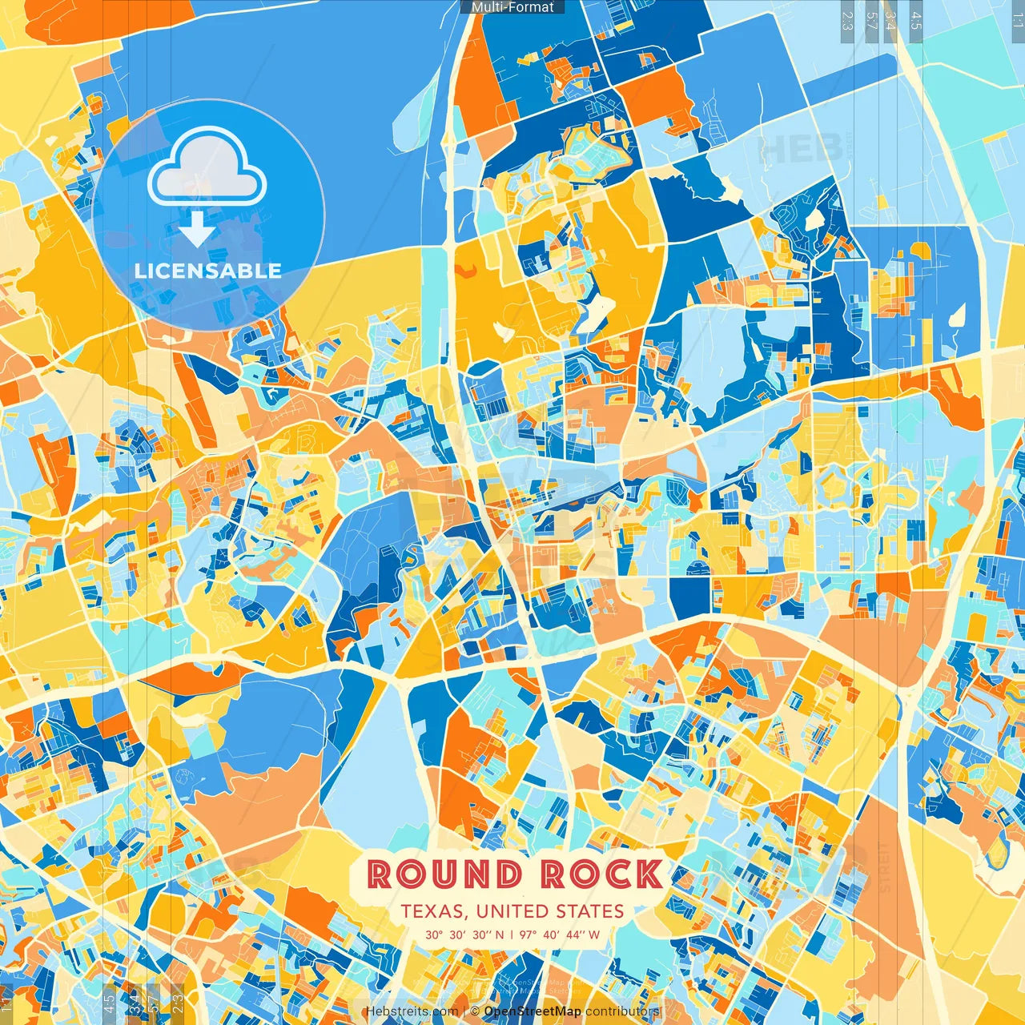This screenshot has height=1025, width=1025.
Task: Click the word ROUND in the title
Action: tap(444, 874)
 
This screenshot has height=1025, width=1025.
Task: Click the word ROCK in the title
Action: tap(601, 874)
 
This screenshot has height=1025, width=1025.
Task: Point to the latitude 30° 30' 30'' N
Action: tap(464, 935)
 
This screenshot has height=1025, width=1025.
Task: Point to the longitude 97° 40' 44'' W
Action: tap(560, 935)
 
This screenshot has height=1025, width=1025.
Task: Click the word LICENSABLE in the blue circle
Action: tap(208, 271)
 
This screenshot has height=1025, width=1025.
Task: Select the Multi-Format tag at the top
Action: tap(512, 7)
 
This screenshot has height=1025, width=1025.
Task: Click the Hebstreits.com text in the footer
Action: tap(412, 1011)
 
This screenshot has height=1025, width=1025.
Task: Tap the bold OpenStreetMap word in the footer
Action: tap(533, 1011)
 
